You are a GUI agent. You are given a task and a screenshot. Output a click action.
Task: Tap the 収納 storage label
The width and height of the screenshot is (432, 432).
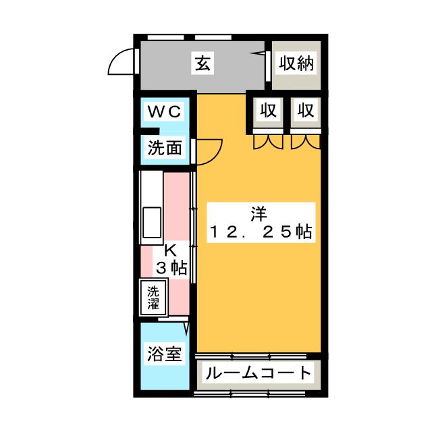click(296, 64)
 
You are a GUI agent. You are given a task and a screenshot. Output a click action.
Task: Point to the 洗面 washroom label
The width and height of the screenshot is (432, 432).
click(165, 148)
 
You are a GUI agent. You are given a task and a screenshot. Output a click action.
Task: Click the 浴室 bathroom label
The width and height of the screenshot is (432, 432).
click(165, 353)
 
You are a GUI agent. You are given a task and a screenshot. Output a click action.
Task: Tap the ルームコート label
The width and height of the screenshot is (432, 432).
click(259, 372)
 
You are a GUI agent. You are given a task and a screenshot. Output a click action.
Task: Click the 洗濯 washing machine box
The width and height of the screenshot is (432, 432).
click(155, 297)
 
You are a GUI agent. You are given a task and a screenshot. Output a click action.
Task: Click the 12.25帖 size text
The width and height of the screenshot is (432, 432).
click(260, 232)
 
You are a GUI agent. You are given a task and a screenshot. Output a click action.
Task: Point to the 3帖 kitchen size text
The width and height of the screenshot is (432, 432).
click(171, 267)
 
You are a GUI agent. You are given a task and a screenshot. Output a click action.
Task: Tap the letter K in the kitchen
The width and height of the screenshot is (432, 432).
click(170, 250)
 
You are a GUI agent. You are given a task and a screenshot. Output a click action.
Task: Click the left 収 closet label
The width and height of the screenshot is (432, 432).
click(269, 111)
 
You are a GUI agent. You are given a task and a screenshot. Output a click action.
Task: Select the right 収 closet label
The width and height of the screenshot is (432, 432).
click(306, 111)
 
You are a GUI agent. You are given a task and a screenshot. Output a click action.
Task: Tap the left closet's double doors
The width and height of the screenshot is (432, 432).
click(269, 142)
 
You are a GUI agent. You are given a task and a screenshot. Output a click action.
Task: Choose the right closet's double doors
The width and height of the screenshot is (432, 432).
click(306, 142)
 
